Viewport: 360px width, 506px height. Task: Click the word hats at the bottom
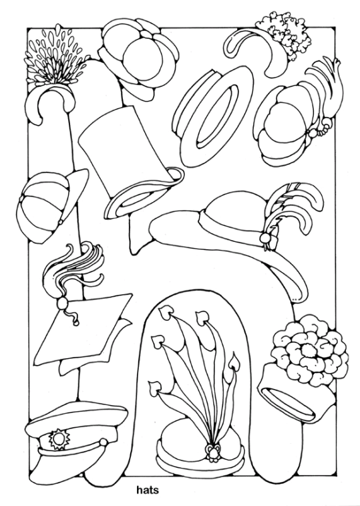(x=148, y=490)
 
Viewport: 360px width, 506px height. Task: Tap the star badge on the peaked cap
(x=59, y=438)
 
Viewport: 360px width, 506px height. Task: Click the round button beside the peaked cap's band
(x=104, y=442)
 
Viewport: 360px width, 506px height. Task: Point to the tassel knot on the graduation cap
(x=61, y=303)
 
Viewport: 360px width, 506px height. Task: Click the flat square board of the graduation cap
(x=82, y=329)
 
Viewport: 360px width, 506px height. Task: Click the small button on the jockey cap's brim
(x=60, y=222)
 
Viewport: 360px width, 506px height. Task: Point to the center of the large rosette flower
(x=309, y=350)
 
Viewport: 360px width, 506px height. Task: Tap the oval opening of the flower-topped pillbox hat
(x=288, y=402)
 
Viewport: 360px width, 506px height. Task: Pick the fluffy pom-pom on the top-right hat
(x=285, y=34)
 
